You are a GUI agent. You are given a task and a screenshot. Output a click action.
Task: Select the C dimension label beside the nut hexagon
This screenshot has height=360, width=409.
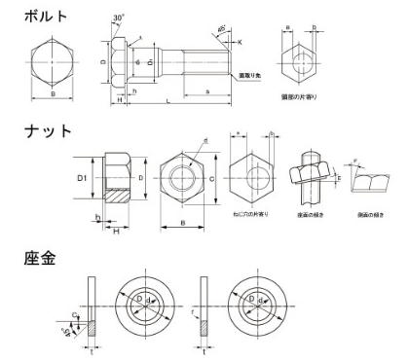(212, 180)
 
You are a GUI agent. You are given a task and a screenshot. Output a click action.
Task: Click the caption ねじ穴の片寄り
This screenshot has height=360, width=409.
(250, 212)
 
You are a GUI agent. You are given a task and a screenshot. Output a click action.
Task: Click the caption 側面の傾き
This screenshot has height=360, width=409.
(364, 212)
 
